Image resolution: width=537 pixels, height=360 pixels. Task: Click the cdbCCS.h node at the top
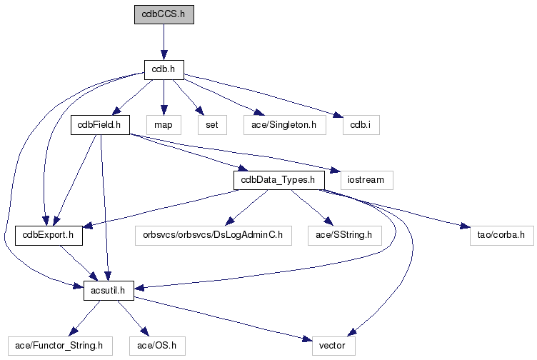click(x=164, y=14)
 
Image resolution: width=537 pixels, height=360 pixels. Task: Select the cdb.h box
click(x=164, y=69)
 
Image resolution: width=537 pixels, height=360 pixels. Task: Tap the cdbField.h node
click(x=99, y=124)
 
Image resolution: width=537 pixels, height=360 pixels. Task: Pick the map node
click(x=164, y=124)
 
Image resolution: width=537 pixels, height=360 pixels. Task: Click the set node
click(x=212, y=124)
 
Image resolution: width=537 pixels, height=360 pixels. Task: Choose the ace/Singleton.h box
click(x=284, y=124)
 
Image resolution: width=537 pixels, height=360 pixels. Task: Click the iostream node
click(x=366, y=179)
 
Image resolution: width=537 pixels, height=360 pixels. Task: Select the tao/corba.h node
click(x=501, y=235)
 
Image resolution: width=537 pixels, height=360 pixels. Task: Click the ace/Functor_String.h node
click(x=60, y=346)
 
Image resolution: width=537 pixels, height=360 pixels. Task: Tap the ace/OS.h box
click(x=161, y=346)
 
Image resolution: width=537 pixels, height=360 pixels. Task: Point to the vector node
click(x=333, y=346)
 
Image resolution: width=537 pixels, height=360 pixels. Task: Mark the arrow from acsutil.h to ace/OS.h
click(x=134, y=317)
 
